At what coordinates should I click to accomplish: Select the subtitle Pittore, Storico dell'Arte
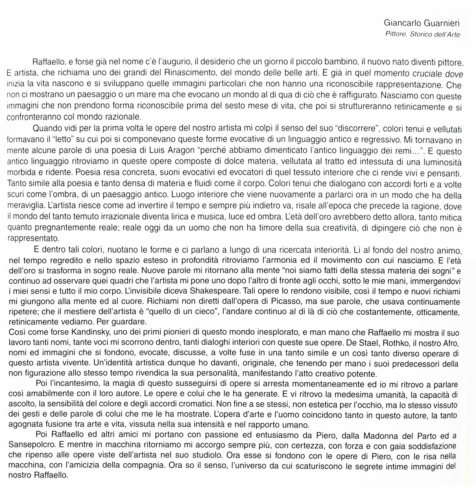422,34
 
